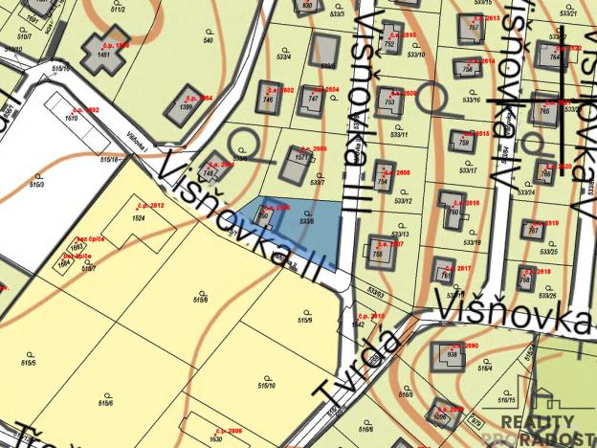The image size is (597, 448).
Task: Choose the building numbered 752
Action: [389, 42]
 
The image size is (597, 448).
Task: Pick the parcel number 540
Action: [208, 40]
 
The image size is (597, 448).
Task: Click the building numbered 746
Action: [269, 96]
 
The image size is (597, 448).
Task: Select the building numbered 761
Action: [441, 271]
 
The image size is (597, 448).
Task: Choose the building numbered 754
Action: [383, 177]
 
